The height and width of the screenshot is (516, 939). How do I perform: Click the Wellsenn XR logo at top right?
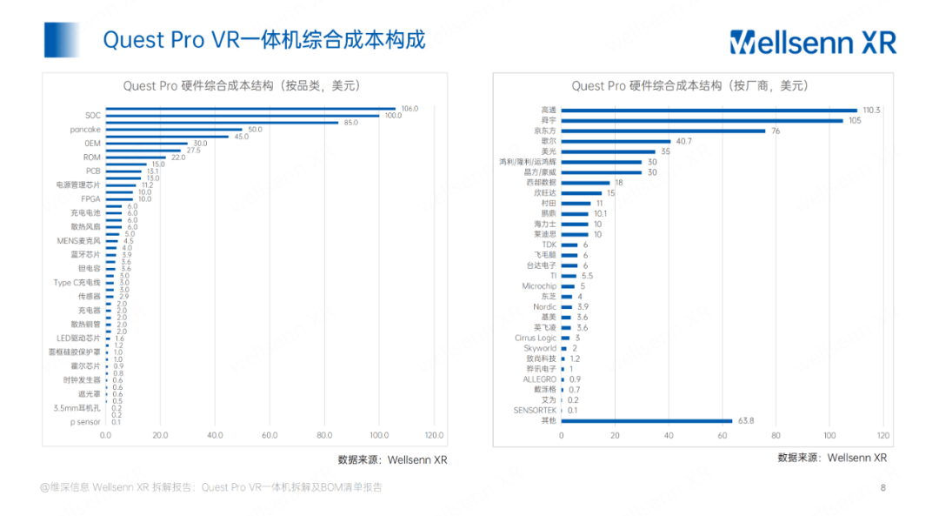pos(812,42)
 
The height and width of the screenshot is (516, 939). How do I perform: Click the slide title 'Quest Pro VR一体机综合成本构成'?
pos(264,40)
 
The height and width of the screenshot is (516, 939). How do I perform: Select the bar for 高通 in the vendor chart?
pos(709,111)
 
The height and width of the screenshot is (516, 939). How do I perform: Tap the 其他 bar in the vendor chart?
pos(646,420)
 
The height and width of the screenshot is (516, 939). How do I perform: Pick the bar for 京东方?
pos(663,131)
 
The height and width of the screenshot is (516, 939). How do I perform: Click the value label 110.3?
pos(871,111)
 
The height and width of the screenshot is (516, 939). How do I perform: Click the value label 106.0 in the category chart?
pos(409,109)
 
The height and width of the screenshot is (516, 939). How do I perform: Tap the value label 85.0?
pos(351,123)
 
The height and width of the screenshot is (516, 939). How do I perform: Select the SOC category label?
pos(93,116)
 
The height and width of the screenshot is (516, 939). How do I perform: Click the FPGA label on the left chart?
pos(90,199)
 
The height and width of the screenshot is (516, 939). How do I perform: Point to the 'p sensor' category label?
pos(85,421)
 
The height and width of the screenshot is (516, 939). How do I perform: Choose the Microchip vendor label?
pos(539,286)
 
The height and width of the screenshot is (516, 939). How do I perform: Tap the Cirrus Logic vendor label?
pos(536,338)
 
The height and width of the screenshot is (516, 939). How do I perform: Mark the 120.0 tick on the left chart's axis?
pos(434,435)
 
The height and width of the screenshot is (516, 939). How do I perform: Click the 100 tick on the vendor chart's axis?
pos(829,435)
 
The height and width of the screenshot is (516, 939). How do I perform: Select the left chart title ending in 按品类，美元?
pos(242,85)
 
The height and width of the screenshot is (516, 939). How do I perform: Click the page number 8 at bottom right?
pos(883,488)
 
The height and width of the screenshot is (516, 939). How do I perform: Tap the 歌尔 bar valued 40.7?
pos(616,141)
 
